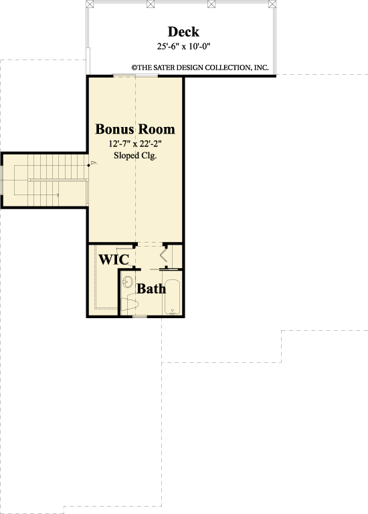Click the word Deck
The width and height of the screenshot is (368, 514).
click(x=183, y=32)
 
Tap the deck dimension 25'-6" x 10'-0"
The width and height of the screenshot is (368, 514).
click(x=183, y=46)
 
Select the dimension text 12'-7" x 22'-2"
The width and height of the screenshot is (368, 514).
click(x=134, y=143)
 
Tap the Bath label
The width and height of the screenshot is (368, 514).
click(x=151, y=289)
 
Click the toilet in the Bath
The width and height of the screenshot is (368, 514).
click(x=131, y=304)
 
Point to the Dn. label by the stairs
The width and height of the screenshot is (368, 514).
click(x=94, y=162)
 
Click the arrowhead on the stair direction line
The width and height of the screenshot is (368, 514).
click(x=58, y=195)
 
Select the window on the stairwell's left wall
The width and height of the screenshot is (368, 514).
click(x=1, y=180)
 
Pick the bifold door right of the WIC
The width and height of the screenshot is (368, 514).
click(x=165, y=255)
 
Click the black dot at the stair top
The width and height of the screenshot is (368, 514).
click(x=88, y=164)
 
